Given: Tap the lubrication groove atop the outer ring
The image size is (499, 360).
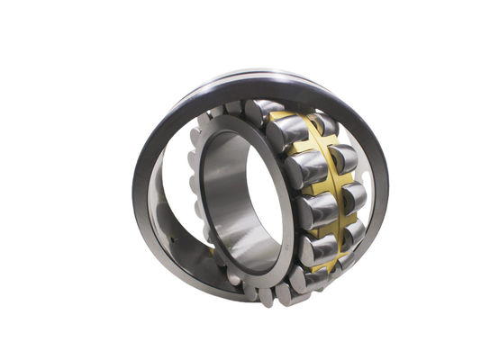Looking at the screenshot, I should pos(270,75).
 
